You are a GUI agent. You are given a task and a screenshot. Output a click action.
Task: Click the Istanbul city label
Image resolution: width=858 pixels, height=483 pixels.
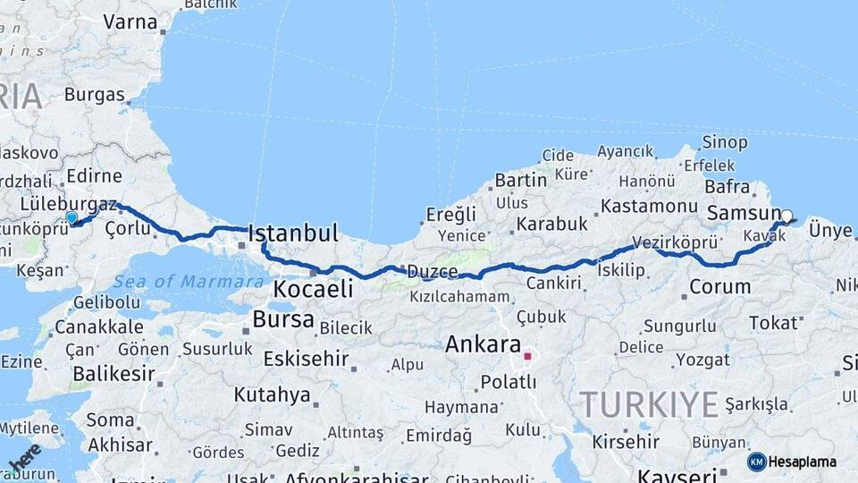(x=293, y=233)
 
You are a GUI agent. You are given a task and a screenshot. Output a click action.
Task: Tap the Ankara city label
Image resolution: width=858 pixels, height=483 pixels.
(x=483, y=343)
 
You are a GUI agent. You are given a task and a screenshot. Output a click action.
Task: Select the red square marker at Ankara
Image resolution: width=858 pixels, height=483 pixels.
(x=527, y=356)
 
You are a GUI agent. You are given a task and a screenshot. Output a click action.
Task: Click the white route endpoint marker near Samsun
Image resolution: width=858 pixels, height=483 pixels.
(x=786, y=216)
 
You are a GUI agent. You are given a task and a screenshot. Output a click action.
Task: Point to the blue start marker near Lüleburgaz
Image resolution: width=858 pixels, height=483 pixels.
(x=71, y=216)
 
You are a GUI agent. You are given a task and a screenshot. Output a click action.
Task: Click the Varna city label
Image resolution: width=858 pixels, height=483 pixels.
(x=130, y=21)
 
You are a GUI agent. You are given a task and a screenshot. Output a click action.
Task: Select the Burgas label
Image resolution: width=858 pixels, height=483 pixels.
(x=95, y=94)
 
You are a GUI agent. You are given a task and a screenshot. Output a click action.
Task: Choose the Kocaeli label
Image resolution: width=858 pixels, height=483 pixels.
(x=313, y=289)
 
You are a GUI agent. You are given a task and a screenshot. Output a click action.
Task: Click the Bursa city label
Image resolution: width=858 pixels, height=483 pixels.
(x=283, y=318)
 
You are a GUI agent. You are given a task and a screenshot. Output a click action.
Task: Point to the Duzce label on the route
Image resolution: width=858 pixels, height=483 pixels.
(x=432, y=271)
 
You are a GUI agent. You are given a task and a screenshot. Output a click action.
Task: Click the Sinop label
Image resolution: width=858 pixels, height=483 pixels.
(x=724, y=142)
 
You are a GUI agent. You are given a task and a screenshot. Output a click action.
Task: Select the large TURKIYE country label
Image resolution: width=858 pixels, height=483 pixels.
(x=649, y=404)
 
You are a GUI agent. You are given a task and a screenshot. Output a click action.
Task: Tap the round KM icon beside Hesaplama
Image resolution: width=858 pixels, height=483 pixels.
(x=757, y=462)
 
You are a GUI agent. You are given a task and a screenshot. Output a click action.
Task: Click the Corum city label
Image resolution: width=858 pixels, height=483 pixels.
(x=719, y=287)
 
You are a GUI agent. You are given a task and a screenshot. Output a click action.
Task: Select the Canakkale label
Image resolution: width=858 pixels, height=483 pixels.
(x=98, y=326)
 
